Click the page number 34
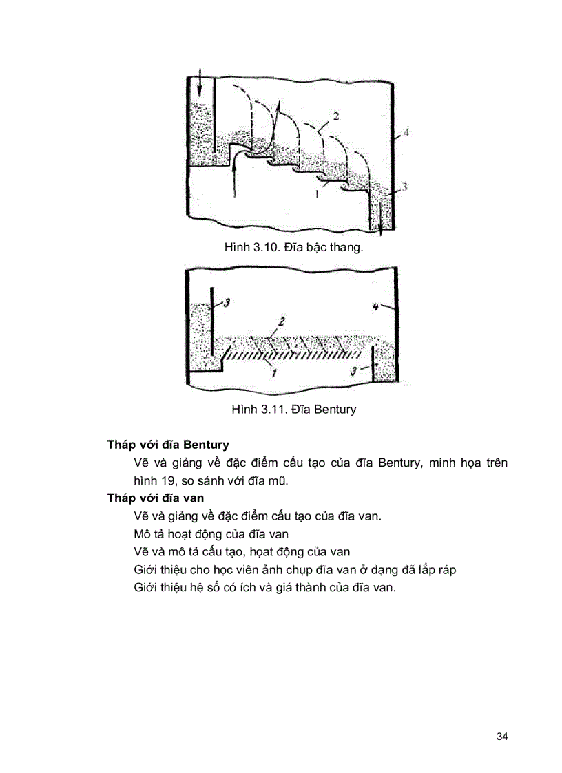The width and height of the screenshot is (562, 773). pos(501,737)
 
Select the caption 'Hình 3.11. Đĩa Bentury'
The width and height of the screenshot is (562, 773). pos(294,410)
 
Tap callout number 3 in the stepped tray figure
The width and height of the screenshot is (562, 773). pos(406,187)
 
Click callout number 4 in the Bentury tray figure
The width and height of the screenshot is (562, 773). pos(375,308)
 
